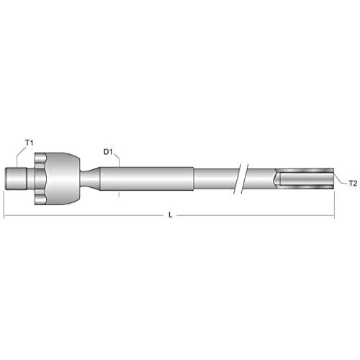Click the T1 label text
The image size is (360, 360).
tap(29, 143)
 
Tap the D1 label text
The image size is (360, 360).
tap(108, 152)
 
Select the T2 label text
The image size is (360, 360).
tap(353, 184)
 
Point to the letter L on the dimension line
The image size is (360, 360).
tap(171, 215)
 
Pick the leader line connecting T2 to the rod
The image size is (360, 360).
tap(341, 179)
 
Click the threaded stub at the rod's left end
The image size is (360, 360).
tap(16, 179)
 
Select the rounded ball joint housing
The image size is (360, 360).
tap(63, 179)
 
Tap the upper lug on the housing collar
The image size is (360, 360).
tap(40, 158)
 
